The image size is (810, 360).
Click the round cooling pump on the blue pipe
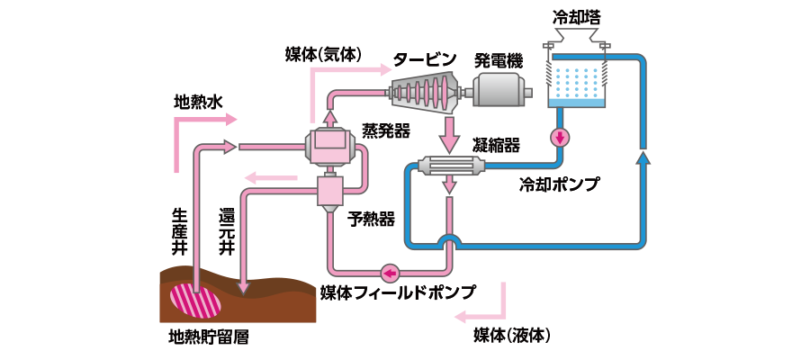point(561,138)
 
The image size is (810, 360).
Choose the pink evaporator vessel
point(331,146)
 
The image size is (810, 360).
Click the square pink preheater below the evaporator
point(331,192)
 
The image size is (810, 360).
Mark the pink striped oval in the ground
point(195,300)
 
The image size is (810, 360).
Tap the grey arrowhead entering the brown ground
point(242,287)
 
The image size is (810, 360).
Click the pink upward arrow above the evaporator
point(329,117)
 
